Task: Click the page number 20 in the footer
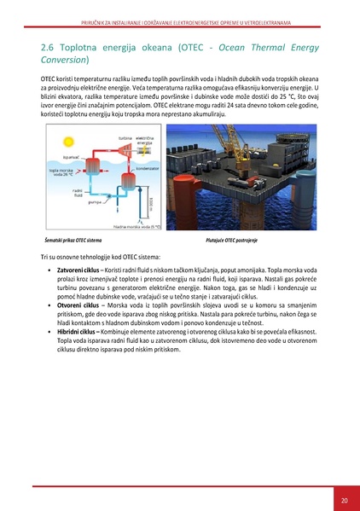tap(343, 500)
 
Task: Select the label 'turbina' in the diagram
tap(125, 136)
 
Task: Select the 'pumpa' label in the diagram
tap(95, 202)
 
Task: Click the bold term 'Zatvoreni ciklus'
tap(78, 269)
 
